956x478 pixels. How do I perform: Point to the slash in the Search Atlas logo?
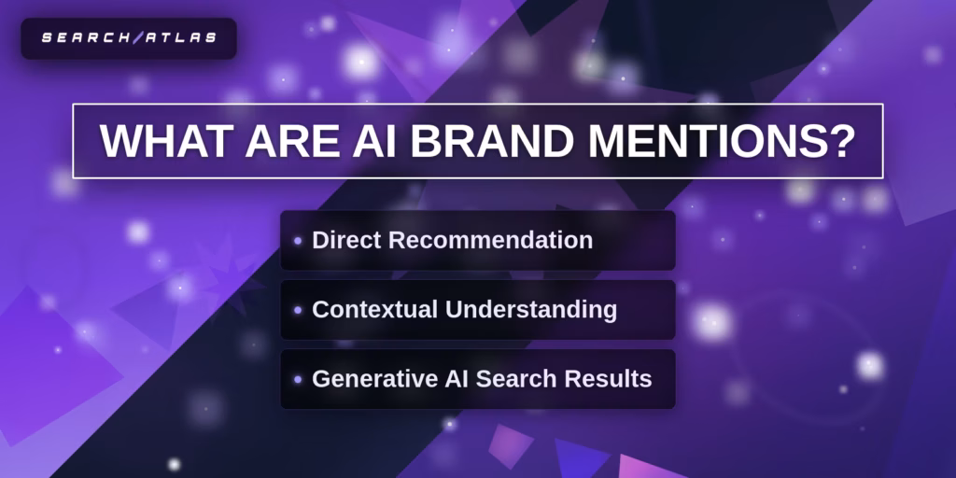point(138,38)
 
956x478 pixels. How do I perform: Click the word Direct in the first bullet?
point(346,240)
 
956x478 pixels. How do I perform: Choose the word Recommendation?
point(490,240)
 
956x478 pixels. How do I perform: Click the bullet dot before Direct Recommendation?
point(298,241)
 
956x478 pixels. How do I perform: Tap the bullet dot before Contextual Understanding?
point(298,310)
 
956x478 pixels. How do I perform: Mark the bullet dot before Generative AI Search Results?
point(298,379)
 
